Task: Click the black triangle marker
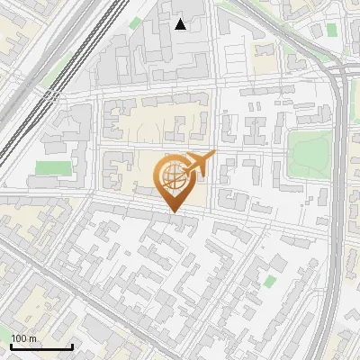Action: (181, 24)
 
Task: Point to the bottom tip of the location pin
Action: (172, 212)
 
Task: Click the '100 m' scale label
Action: (23, 338)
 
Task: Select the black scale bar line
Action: (41, 346)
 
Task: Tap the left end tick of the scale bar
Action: (11, 345)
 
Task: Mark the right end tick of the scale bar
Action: (72, 345)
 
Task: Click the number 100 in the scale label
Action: (19, 338)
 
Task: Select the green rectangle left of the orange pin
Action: (53, 168)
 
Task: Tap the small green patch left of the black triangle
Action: (136, 22)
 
